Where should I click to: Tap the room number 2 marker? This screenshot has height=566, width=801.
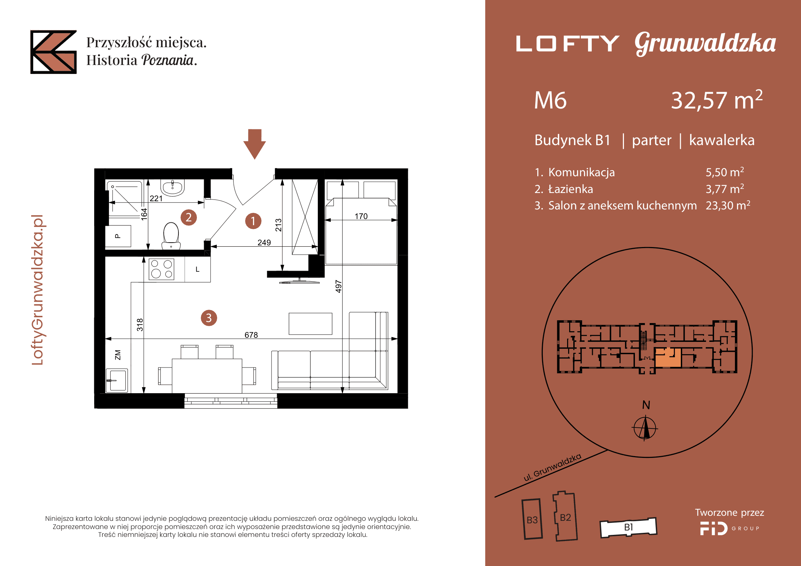[x=189, y=218]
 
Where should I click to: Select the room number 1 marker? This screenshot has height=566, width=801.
[x=253, y=221]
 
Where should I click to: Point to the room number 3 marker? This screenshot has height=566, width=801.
[x=209, y=318]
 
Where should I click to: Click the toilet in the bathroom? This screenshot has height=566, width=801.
[x=171, y=236]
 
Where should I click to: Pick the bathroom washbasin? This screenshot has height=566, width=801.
[x=172, y=188]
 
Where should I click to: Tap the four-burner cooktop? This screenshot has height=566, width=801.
[x=162, y=269]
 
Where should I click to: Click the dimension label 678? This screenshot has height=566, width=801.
[x=251, y=335]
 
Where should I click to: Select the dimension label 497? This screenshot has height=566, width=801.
[x=338, y=286]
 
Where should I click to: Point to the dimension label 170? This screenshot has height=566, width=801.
[x=361, y=216]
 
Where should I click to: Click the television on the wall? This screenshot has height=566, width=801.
[x=299, y=281]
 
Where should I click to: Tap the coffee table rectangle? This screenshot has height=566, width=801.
[x=311, y=324]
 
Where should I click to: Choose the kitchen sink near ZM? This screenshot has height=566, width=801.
[x=117, y=381]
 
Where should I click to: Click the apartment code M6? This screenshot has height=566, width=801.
[x=551, y=100]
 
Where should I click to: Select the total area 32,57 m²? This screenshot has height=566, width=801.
[x=716, y=100]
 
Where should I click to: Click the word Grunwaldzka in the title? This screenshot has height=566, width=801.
[x=705, y=43]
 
